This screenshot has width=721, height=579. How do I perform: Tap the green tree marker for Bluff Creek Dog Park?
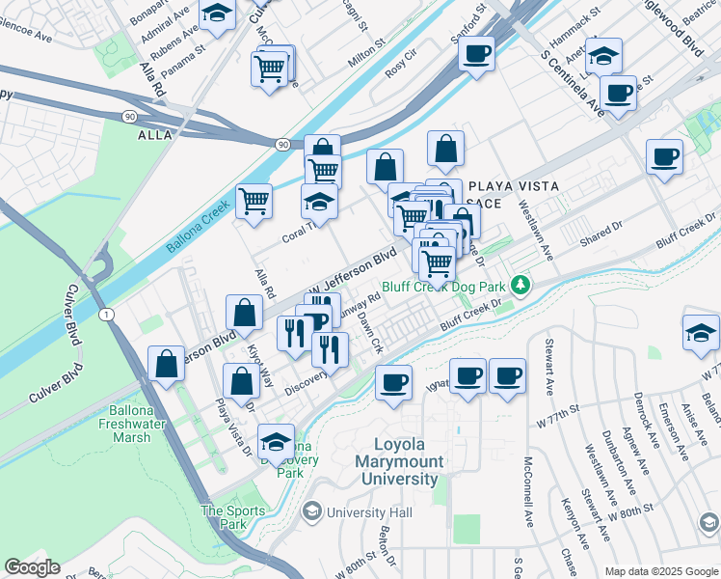pos(521,285)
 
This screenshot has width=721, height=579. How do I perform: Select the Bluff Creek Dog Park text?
pos(443,286)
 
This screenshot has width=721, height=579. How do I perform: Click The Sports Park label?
pos(224,517)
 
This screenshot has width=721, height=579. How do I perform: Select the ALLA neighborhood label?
pos(154,135)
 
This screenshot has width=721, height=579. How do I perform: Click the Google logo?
pos(32,567)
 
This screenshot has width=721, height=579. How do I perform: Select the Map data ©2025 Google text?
pos(661,571)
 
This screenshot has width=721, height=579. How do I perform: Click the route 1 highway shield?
pos(106,315)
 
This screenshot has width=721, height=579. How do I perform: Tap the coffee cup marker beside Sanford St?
pos(476,53)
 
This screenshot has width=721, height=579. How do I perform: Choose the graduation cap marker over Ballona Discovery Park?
pos(277,441)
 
